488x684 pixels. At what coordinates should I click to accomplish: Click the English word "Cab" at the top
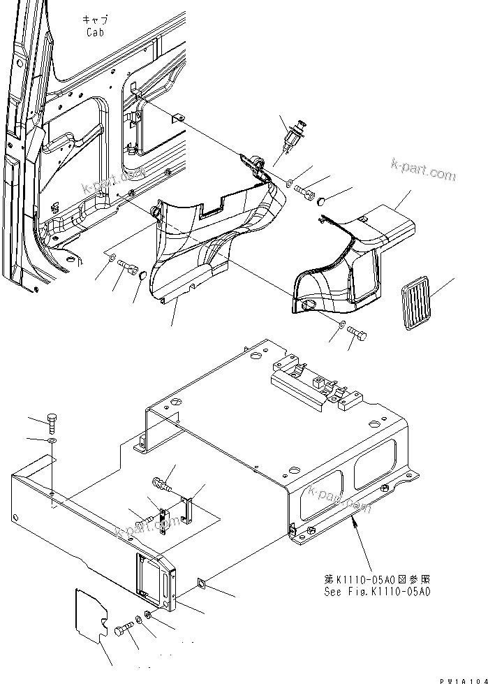click(96, 32)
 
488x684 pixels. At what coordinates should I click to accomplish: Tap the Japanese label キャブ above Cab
click(96, 21)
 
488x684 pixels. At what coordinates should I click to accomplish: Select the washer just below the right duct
click(340, 326)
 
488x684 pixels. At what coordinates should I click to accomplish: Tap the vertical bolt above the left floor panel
click(54, 421)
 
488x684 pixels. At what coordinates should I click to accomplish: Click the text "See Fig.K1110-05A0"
click(377, 591)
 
